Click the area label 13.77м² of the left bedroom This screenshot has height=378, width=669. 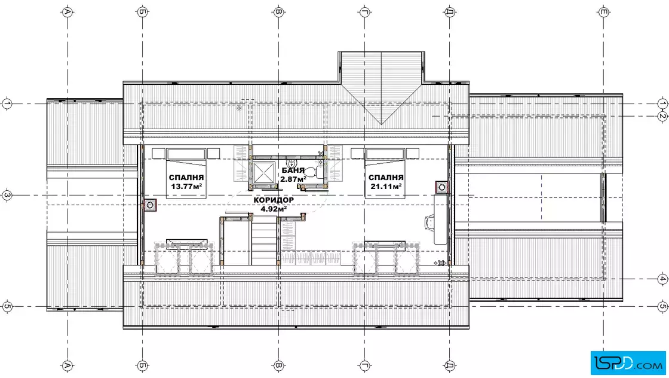186,187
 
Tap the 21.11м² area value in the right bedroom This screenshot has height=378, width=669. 386,187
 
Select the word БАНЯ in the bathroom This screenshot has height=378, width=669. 293,170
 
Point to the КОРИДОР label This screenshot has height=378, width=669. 274,200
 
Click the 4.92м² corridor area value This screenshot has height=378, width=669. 274,209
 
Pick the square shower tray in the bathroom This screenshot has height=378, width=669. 265,173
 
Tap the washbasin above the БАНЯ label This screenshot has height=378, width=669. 292,163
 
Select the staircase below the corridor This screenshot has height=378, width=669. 263,240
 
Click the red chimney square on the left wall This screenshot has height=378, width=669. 150,205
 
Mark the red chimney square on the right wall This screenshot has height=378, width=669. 441,187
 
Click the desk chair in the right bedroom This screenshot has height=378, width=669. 430,222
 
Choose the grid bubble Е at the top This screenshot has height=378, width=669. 603,12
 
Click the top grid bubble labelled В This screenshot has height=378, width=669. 278,12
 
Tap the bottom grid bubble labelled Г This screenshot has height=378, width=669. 364,365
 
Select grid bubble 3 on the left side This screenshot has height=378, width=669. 7,196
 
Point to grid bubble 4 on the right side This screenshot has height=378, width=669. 662,279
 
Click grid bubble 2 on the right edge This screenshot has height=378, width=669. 662,116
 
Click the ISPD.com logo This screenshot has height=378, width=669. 628,363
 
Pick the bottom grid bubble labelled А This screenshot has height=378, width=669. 67,365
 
